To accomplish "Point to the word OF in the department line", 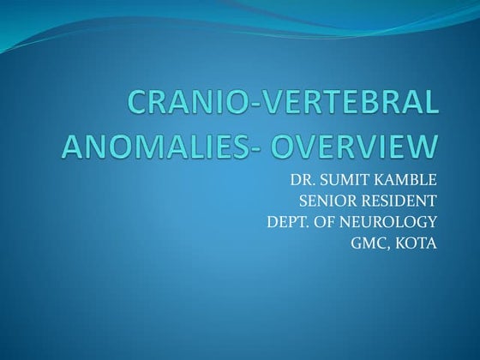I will pos(329,223).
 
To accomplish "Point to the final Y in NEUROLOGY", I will pos(431,223).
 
